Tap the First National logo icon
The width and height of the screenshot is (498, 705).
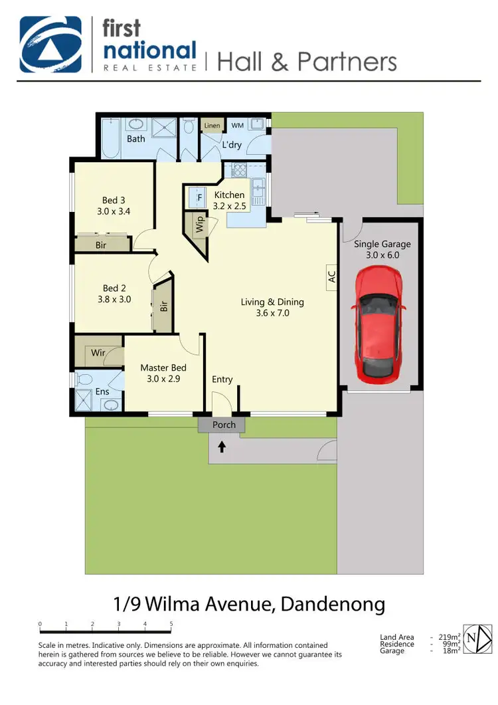(x=51, y=44)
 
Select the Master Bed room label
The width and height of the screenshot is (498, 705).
(x=163, y=367)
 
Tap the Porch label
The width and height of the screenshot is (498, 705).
(x=224, y=425)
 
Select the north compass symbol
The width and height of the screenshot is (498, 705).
(x=478, y=640)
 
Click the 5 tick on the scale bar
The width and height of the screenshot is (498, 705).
(x=171, y=624)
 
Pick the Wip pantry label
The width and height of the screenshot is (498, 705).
(x=200, y=224)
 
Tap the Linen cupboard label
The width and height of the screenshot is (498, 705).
(x=212, y=126)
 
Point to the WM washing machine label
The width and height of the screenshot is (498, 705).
(x=237, y=126)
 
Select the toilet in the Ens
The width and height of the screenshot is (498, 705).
(x=84, y=380)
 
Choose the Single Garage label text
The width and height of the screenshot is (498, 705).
(x=382, y=244)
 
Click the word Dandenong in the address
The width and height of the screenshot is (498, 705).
(x=333, y=604)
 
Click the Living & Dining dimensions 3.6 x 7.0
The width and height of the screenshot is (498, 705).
(x=272, y=313)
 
